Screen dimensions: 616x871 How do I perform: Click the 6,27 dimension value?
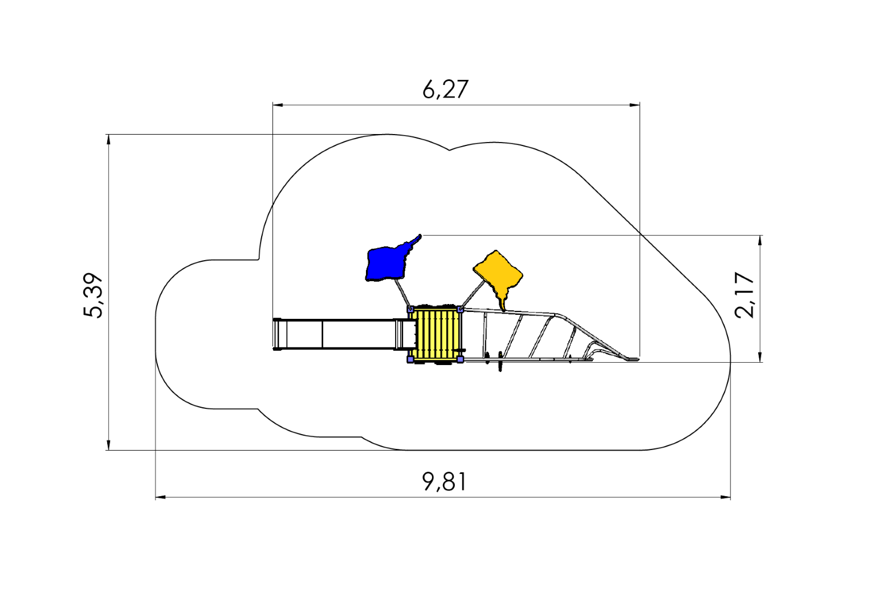[x=445, y=90]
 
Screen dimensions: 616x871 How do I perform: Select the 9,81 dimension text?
[x=445, y=482]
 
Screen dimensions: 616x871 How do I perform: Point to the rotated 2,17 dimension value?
[x=745, y=295]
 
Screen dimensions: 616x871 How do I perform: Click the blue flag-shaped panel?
[x=386, y=264]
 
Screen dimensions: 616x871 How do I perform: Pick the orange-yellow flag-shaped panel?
[x=498, y=273]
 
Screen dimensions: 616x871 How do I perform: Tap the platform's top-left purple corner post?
[x=410, y=309]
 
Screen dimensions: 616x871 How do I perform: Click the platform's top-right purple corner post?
[x=460, y=309]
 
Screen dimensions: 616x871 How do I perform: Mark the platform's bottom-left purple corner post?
[x=410, y=359]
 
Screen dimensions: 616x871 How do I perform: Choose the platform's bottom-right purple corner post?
[x=460, y=359]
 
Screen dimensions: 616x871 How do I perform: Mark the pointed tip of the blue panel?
[x=420, y=235]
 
